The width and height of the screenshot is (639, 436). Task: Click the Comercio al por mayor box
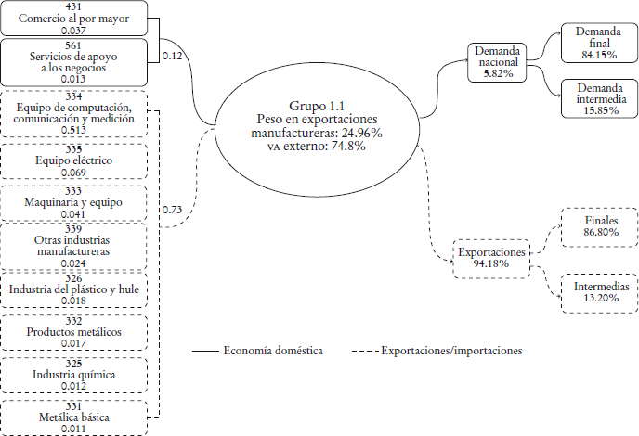pos(74,19)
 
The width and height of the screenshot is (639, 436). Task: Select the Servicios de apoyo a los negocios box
pos(74,62)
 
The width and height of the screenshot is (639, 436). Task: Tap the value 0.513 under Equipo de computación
pos(74,130)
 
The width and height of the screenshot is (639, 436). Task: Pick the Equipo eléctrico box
pos(74,160)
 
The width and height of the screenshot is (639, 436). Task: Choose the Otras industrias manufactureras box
pos(74,245)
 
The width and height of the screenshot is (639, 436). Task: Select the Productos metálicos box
pos(74,331)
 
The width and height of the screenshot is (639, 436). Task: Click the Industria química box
pos(74,374)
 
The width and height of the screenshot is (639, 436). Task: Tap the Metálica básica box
pos(74,417)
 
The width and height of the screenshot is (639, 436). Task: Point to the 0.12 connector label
pos(172,56)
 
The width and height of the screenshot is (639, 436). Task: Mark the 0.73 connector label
pos(172,210)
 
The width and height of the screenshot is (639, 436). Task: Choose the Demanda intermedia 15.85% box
pos(597,96)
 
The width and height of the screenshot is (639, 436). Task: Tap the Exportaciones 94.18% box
pos(492,257)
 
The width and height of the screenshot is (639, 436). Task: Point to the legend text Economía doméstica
pos(273,351)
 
